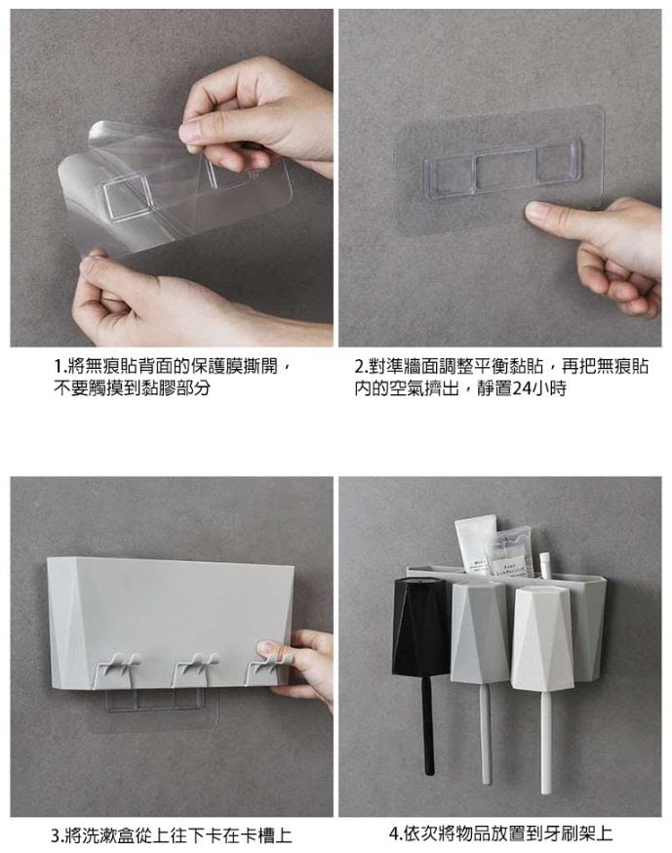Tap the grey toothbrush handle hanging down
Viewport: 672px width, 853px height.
pyautogui.click(x=486, y=733)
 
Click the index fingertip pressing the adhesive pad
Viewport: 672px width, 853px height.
pyautogui.click(x=535, y=211)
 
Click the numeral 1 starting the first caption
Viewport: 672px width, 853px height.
pyautogui.click(x=58, y=367)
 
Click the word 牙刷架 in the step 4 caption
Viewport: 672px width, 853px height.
pyautogui.click(x=569, y=833)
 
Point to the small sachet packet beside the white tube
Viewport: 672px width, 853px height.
pyautogui.click(x=512, y=552)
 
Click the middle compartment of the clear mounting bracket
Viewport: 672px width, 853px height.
pyautogui.click(x=504, y=169)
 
